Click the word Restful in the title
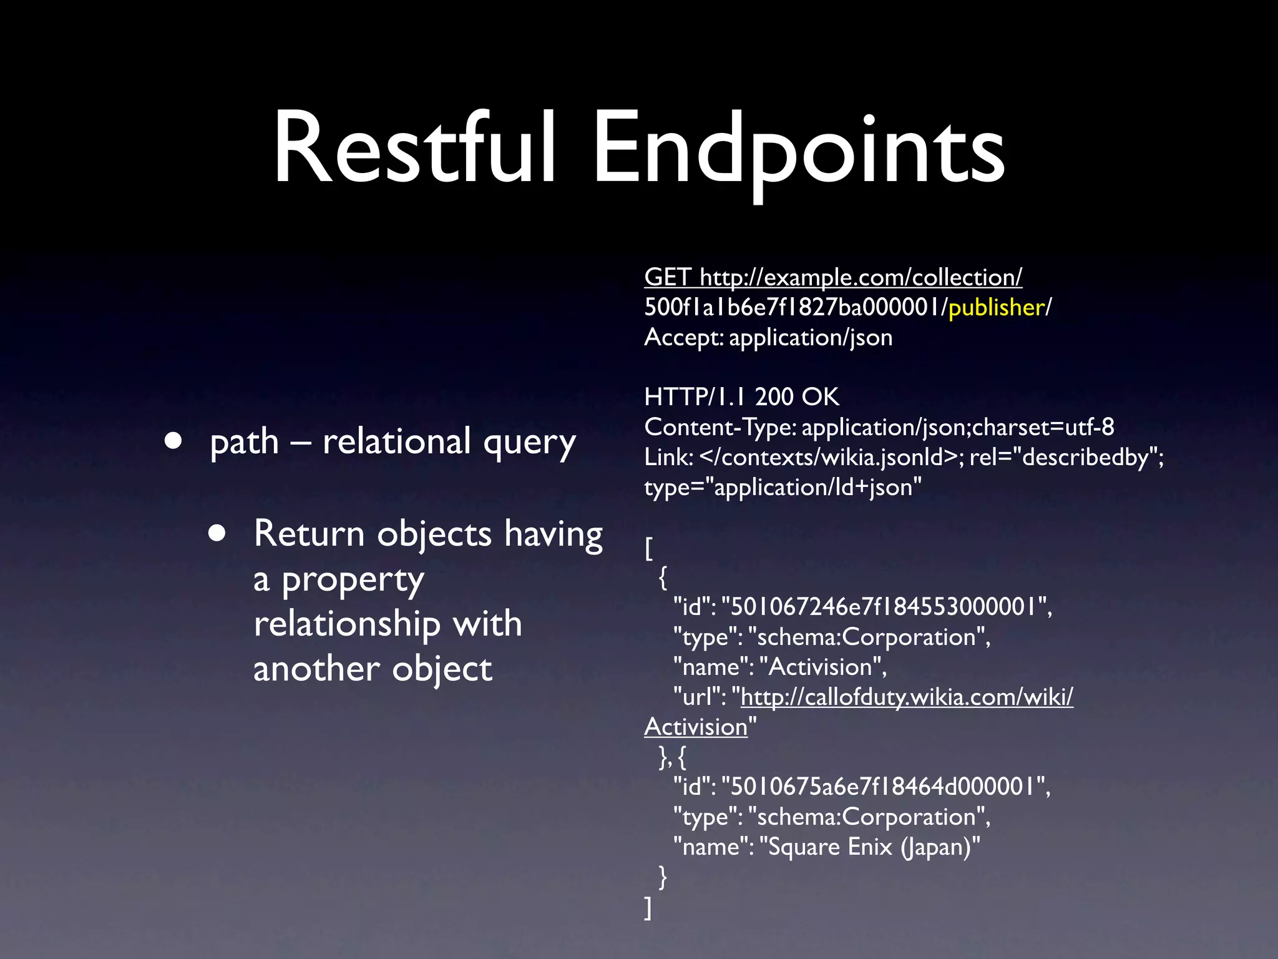tap(414, 148)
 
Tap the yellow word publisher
tap(996, 307)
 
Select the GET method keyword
tap(666, 277)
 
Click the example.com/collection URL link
tap(861, 277)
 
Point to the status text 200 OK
tap(797, 397)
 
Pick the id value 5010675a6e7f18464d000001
tap(883, 787)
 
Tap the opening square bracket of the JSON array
tap(649, 549)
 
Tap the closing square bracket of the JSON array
tap(648, 908)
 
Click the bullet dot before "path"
tap(173, 441)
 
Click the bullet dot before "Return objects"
tap(217, 533)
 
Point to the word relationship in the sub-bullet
tap(388, 624)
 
